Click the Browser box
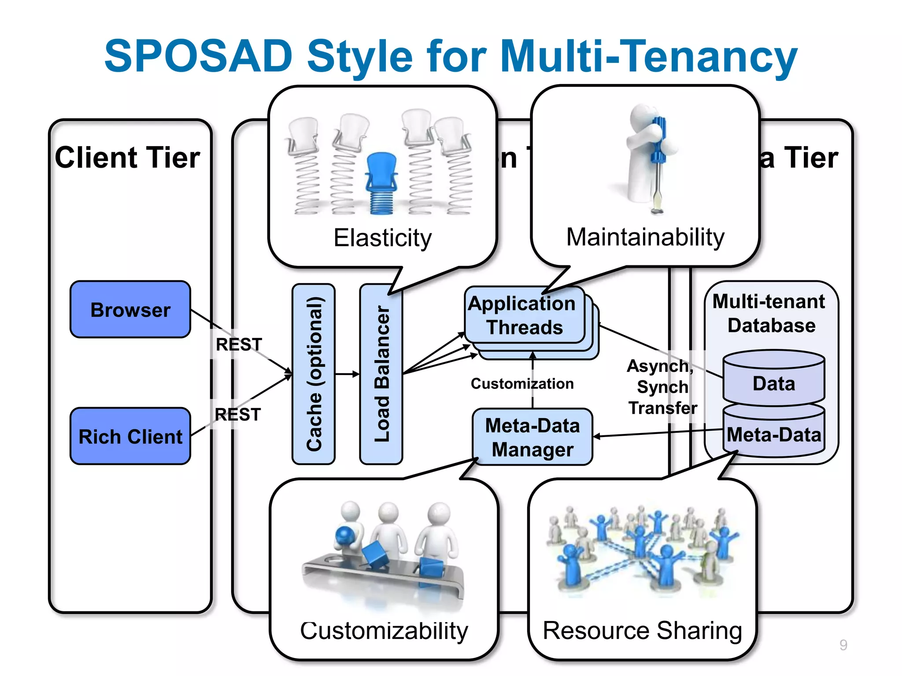[x=130, y=309]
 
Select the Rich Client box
[x=130, y=436]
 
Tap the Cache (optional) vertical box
[x=314, y=374]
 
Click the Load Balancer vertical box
[x=381, y=374]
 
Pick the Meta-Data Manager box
[x=532, y=437]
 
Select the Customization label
[x=522, y=384]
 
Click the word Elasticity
[x=382, y=238]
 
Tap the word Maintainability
[x=645, y=237]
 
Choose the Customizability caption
[x=384, y=631]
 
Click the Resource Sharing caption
[x=642, y=630]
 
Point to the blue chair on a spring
[x=381, y=183]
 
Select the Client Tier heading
[x=127, y=158]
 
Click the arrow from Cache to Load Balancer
[x=347, y=374]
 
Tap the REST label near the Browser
[x=239, y=344]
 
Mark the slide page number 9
[x=843, y=645]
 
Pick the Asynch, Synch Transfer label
[x=662, y=387]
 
